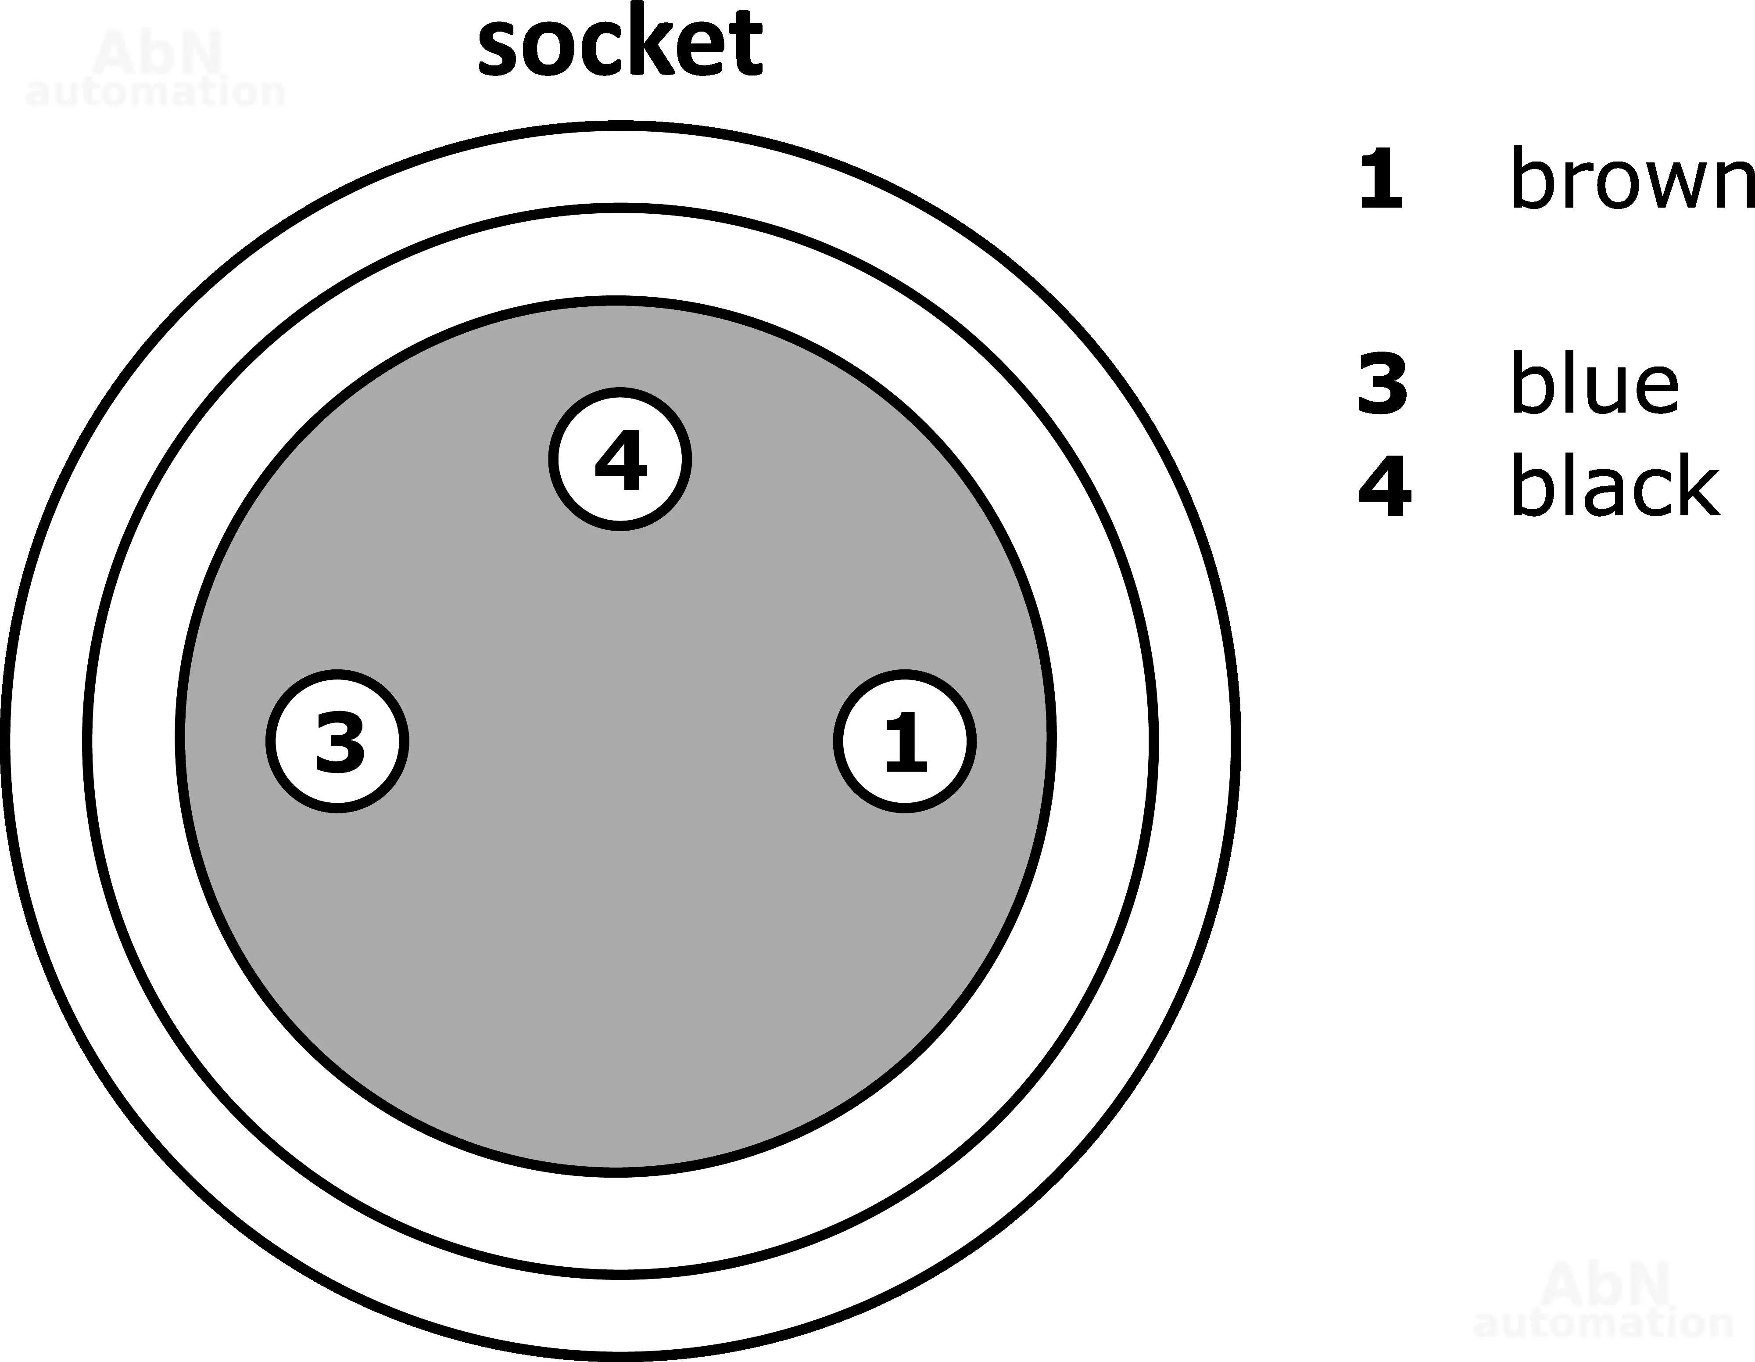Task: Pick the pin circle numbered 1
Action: click(905, 741)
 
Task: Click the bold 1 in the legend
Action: click(1381, 179)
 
